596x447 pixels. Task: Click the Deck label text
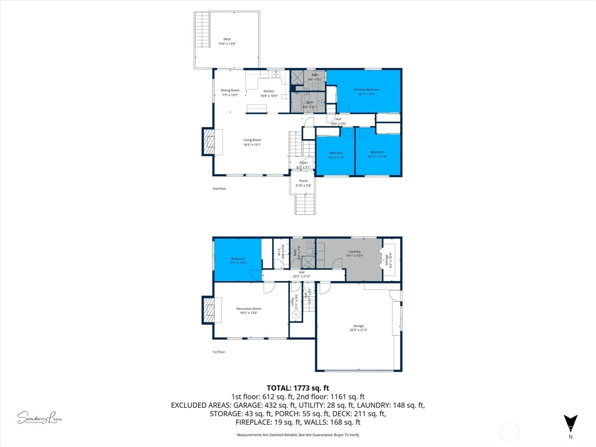pos(227,39)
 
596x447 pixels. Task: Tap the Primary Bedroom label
pos(366,90)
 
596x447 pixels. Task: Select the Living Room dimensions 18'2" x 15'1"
pos(252,145)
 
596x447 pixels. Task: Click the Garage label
pos(358,326)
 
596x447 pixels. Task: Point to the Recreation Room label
pos(248,309)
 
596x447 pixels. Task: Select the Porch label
pos(303,181)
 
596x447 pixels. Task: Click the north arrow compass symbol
pos(570,424)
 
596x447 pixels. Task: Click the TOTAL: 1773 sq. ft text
pos(298,388)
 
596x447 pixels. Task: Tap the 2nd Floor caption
pos(219,189)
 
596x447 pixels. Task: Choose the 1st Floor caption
pos(219,352)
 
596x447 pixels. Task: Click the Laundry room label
pos(354,252)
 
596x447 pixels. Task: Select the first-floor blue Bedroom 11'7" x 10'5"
pos(238,260)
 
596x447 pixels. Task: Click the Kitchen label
pos(269,91)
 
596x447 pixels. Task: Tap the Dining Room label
pos(230,91)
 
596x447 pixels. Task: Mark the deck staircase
pos(202,29)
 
